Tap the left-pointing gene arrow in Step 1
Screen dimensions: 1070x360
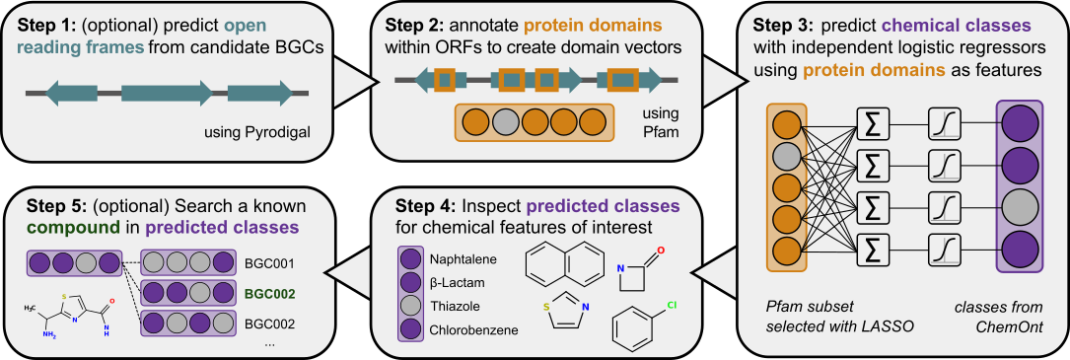coord(72,93)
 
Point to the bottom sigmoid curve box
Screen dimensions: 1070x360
coord(944,245)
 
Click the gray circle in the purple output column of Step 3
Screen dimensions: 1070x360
coord(1019,203)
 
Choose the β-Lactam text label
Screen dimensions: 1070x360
coord(454,282)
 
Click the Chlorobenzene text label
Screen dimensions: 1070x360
coord(474,330)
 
